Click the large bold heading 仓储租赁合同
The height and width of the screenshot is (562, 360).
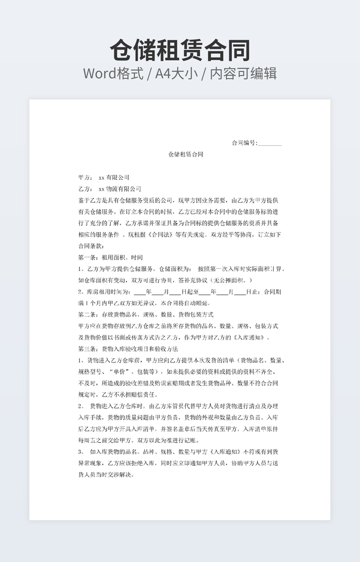(x=180, y=51)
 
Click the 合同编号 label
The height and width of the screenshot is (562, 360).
(x=244, y=143)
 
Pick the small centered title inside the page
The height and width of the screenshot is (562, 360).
(x=186, y=155)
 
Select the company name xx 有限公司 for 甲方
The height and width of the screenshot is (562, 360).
(x=114, y=177)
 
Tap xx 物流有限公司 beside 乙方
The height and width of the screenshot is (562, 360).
(x=120, y=189)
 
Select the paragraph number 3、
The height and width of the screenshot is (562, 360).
(x=81, y=452)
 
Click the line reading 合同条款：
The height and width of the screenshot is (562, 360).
(x=92, y=246)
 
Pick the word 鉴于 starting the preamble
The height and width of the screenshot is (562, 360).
(x=84, y=201)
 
